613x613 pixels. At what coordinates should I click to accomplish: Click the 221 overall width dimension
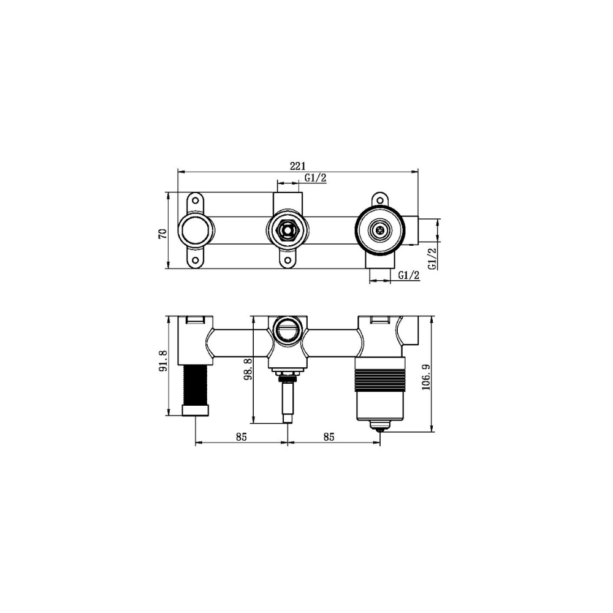pyautogui.click(x=298, y=165)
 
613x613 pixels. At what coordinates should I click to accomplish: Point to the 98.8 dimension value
pyautogui.click(x=248, y=370)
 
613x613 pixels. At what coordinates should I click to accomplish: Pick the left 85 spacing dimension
pyautogui.click(x=241, y=437)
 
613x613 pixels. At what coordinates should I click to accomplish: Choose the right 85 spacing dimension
pyautogui.click(x=329, y=437)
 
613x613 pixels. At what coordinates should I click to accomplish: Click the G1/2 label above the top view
pyautogui.click(x=316, y=178)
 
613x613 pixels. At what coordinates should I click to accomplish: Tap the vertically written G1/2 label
pyautogui.click(x=432, y=257)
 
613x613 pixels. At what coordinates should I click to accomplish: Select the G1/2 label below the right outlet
pyautogui.click(x=408, y=275)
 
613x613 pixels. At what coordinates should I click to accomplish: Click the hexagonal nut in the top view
pyautogui.click(x=287, y=231)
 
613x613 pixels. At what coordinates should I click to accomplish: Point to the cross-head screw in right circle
pyautogui.click(x=380, y=231)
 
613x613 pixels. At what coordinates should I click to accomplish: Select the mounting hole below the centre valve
pyautogui.click(x=287, y=261)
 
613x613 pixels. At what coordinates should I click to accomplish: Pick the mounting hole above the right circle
pyautogui.click(x=380, y=200)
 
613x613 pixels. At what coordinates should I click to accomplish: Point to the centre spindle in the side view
pyautogui.click(x=287, y=402)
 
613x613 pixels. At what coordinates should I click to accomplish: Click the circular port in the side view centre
pyautogui.click(x=287, y=331)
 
